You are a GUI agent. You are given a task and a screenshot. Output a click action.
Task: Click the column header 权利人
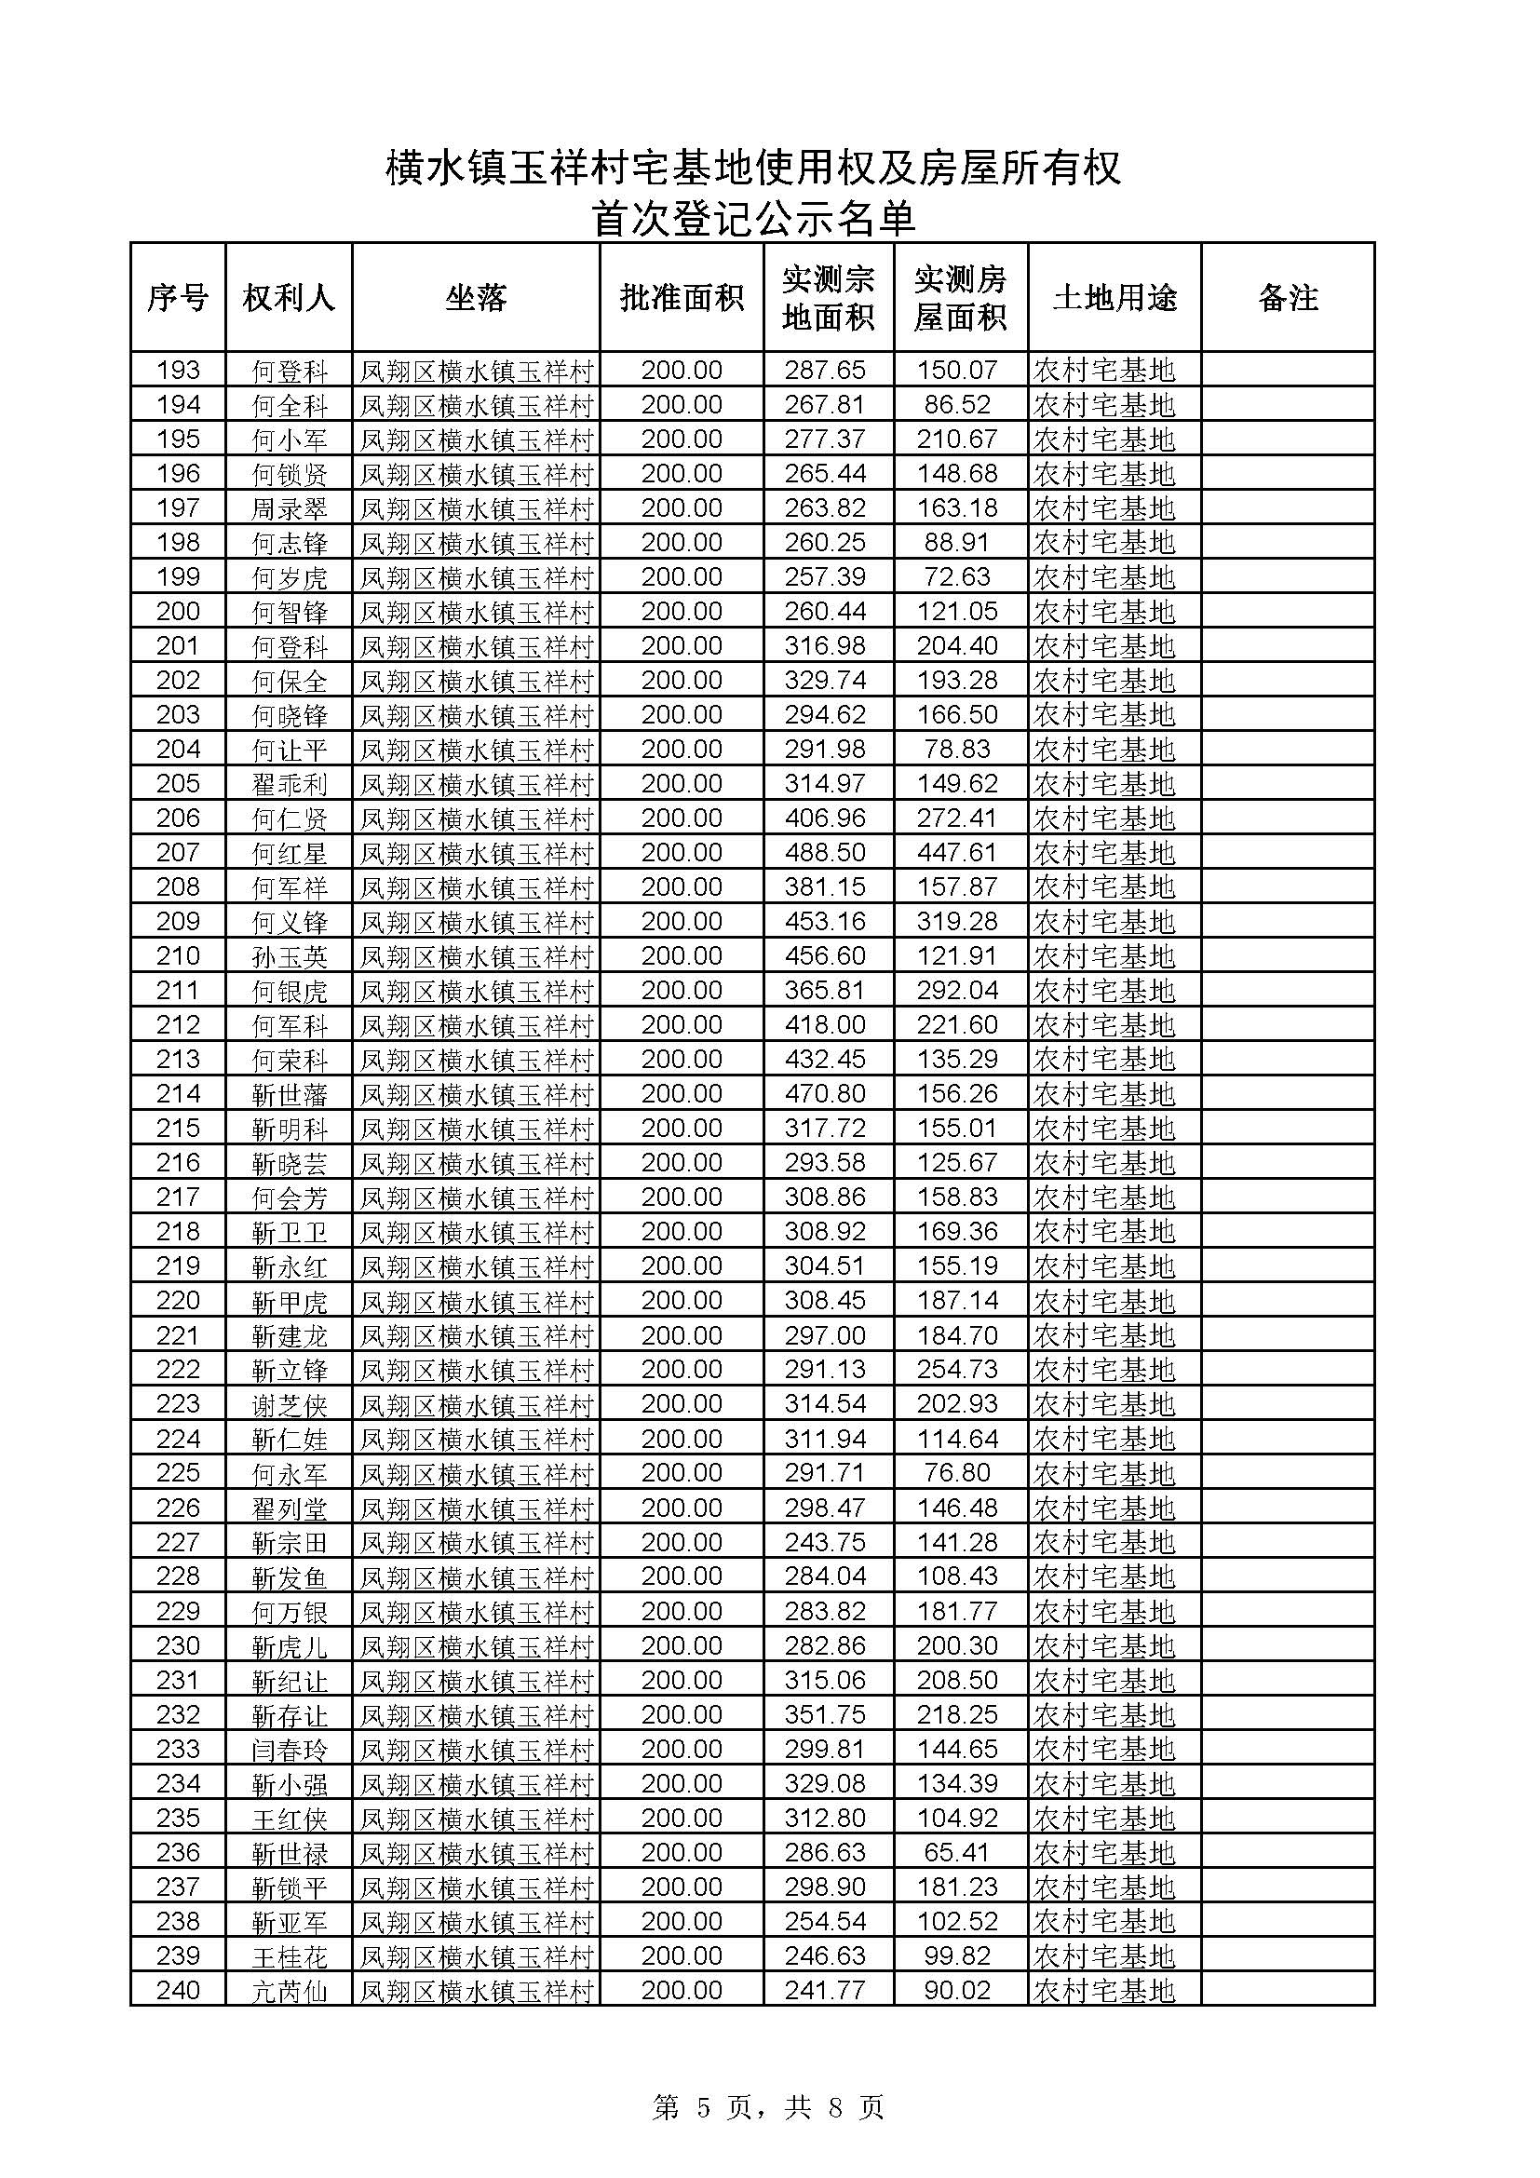tap(289, 299)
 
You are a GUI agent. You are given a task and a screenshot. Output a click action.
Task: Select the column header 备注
tap(1287, 299)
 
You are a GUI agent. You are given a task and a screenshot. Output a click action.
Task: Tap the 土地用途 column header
tap(1114, 299)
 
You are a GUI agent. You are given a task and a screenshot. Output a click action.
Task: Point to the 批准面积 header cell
tap(681, 299)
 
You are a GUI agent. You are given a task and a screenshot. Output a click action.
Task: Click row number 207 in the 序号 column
tap(178, 853)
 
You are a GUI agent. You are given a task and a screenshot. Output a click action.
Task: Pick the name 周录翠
tap(290, 508)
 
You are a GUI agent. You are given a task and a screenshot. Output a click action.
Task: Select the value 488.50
tap(825, 853)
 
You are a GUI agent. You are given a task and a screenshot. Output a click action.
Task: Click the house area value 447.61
tap(957, 853)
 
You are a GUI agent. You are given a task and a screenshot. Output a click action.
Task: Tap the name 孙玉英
tap(290, 956)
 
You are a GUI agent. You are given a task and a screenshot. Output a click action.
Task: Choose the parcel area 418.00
tap(825, 1025)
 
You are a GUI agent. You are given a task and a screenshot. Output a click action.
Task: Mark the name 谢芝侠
tap(290, 1404)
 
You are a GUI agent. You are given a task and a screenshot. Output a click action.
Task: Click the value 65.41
tap(957, 1853)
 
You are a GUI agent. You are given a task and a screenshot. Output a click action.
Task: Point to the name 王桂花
tap(290, 1956)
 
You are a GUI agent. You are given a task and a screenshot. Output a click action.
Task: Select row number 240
tap(178, 1990)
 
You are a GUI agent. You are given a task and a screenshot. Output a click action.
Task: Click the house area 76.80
tap(957, 1473)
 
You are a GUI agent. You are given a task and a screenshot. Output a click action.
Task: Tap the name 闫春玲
tap(290, 1750)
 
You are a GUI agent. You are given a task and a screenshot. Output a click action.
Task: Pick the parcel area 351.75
tap(825, 1715)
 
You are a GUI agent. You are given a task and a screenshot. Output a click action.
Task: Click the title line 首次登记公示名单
tap(754, 219)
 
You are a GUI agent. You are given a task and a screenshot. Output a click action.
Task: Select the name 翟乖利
tap(290, 784)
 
